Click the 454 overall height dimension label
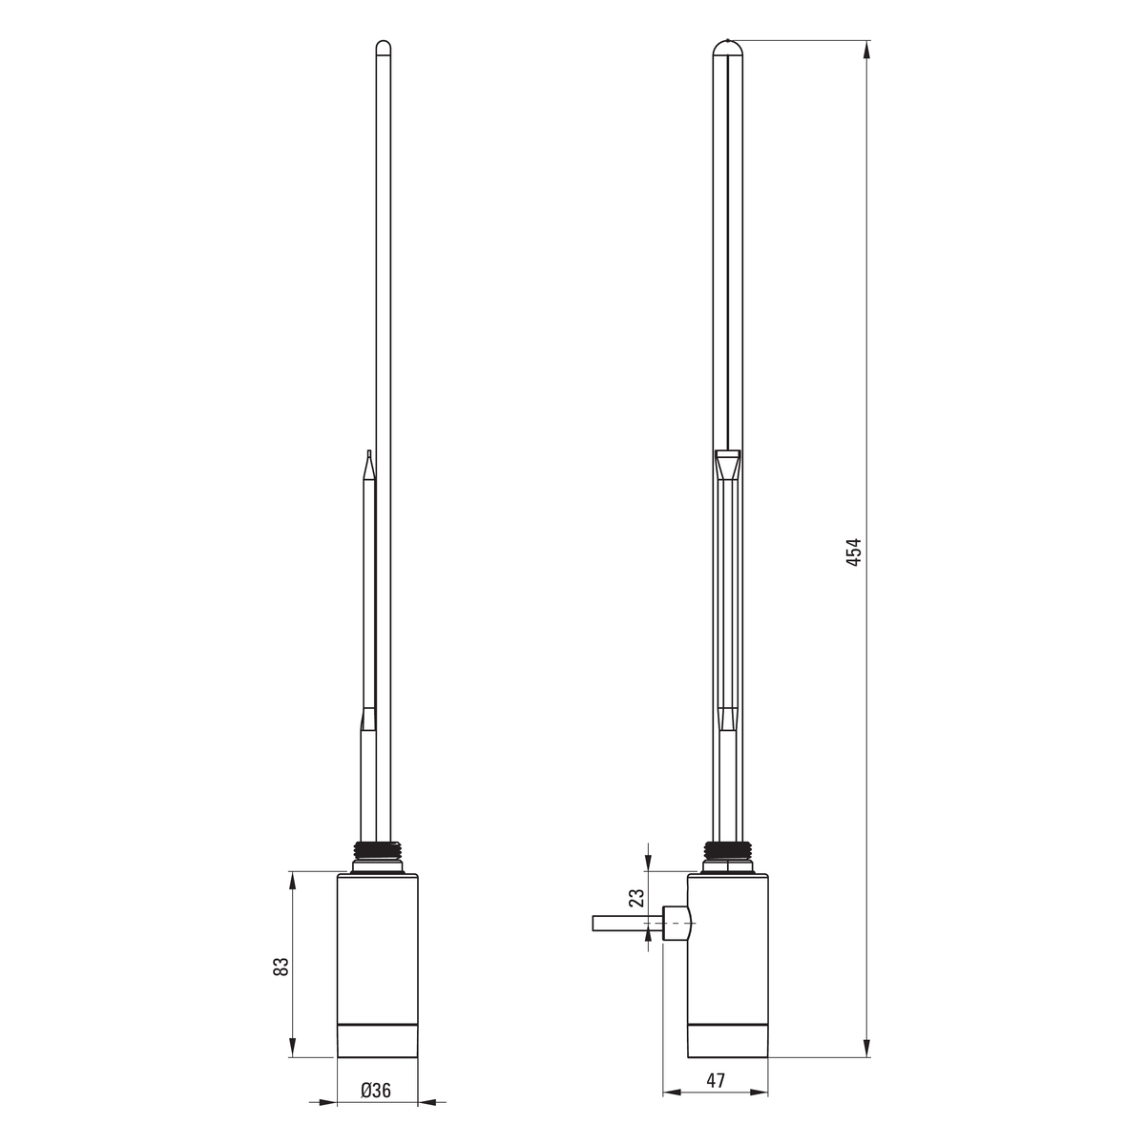click(853, 552)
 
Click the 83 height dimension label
click(281, 967)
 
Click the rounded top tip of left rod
click(384, 46)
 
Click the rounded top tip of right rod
click(728, 47)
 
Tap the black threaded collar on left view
click(377, 850)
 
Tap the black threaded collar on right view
click(728, 850)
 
